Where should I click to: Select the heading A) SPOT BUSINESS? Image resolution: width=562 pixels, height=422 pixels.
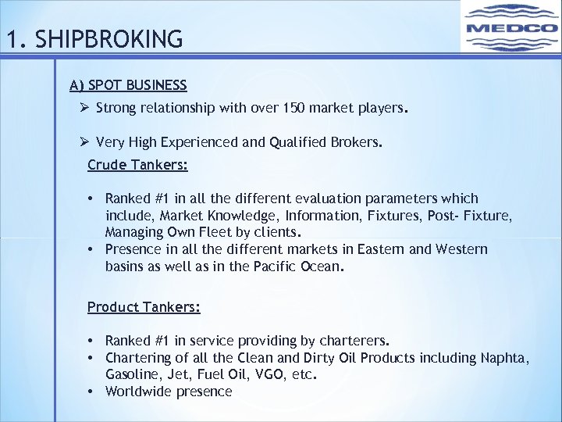click(x=128, y=84)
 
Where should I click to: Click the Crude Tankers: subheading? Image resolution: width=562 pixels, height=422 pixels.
click(x=137, y=165)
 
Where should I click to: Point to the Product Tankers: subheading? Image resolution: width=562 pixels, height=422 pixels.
click(x=144, y=307)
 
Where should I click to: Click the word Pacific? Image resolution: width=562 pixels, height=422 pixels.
click(x=276, y=266)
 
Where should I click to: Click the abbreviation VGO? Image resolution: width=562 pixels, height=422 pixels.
click(x=251, y=375)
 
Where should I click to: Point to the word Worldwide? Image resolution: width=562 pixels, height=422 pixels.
click(x=137, y=392)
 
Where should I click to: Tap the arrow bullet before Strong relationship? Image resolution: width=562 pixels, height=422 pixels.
click(x=85, y=108)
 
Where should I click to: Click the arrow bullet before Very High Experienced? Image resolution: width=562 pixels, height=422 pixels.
click(x=85, y=141)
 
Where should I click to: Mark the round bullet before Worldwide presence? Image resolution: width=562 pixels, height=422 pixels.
click(x=92, y=392)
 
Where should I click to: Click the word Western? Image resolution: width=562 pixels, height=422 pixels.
click(x=460, y=249)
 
